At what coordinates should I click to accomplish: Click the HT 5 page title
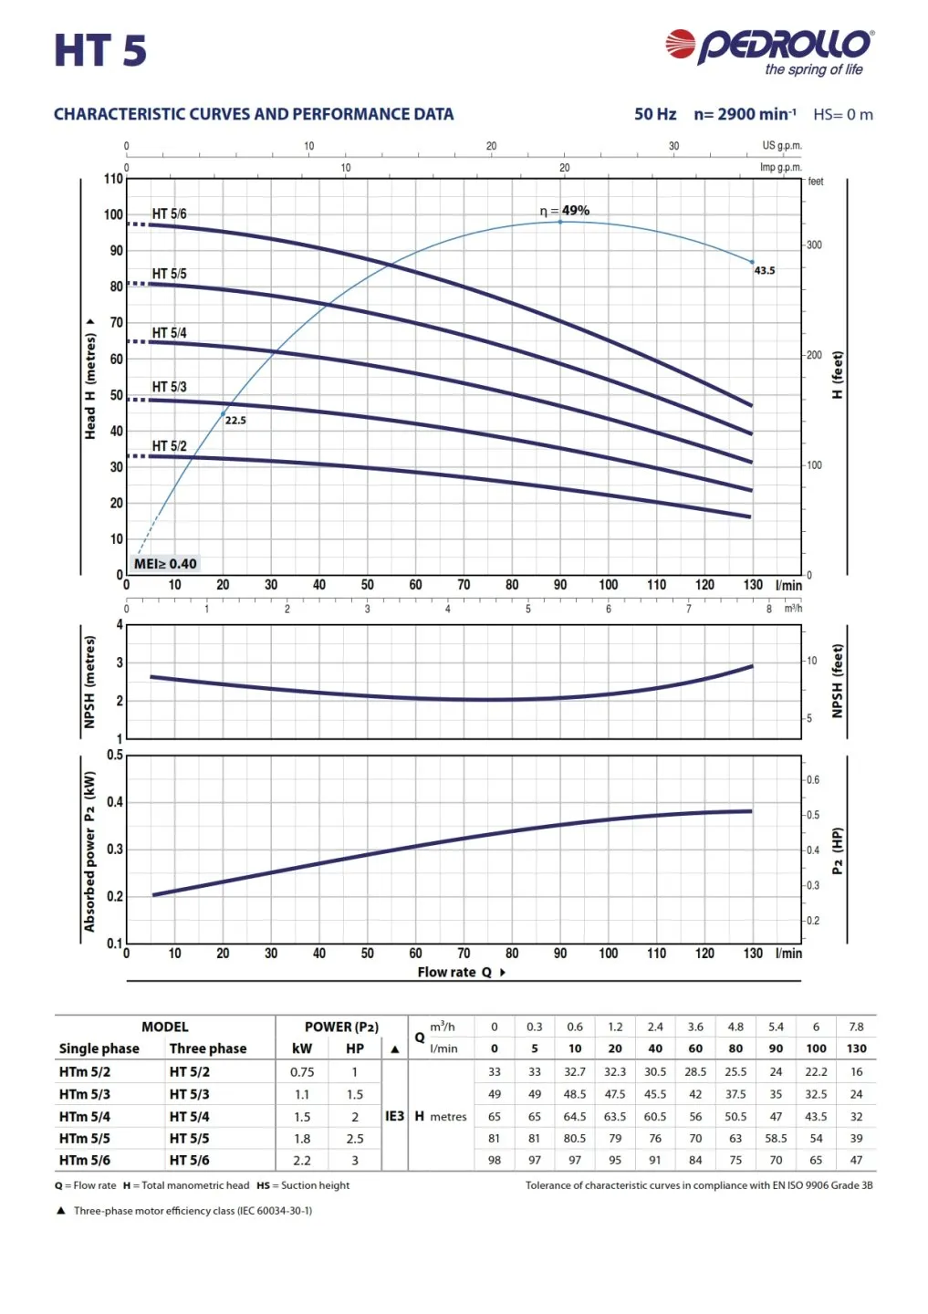100,50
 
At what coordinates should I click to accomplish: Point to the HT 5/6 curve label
169,214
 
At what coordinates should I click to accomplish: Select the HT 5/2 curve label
169,446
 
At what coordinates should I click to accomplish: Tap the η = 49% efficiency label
565,211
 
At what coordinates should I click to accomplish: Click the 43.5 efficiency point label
765,271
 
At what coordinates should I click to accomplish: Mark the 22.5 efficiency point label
235,421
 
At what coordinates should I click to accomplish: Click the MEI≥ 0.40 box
165,564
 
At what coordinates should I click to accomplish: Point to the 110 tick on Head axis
113,179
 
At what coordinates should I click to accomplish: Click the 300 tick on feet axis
814,245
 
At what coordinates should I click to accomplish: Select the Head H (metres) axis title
90,380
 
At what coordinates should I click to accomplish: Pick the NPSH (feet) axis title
838,681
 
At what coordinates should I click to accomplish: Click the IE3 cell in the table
394,1116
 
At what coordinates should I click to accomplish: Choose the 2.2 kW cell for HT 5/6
302,1161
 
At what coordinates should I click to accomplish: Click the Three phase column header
208,1048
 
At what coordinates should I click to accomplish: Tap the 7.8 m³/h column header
856,1027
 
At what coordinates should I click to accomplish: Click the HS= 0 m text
843,115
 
